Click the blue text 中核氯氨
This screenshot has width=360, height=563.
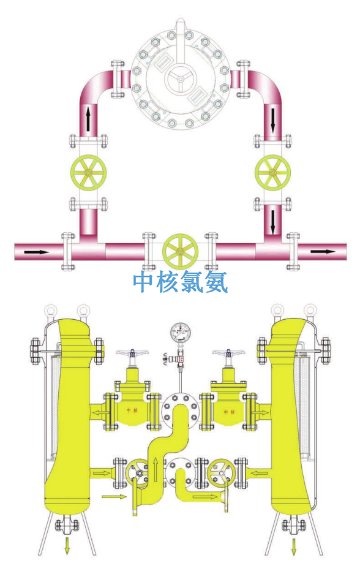point(180,282)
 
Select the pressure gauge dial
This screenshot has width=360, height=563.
point(180,334)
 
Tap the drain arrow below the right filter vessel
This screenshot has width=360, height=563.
point(295,545)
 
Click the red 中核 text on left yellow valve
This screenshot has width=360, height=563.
point(131,411)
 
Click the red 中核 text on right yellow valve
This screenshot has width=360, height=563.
point(227,411)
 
